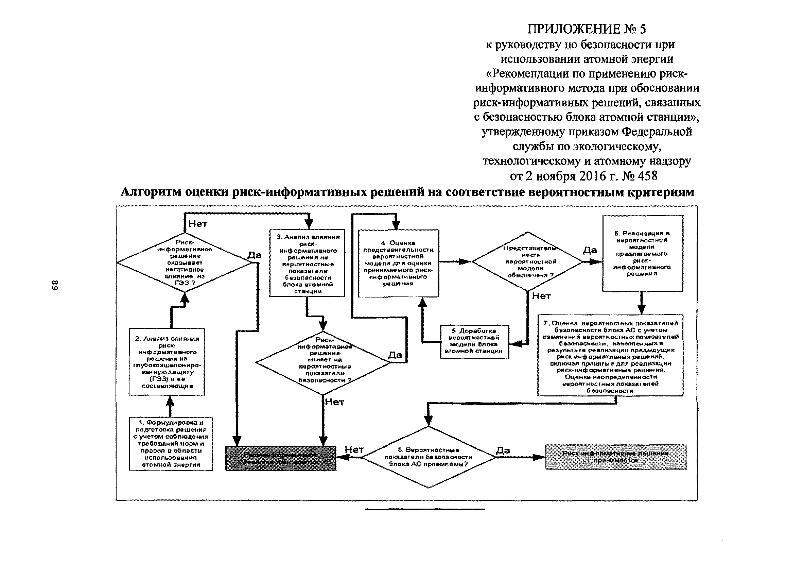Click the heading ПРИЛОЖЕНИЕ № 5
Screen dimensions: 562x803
tap(587, 29)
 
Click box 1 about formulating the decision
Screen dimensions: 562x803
tap(171, 443)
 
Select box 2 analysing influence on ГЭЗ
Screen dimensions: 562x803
tap(167, 362)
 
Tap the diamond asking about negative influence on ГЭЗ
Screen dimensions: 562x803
tap(184, 262)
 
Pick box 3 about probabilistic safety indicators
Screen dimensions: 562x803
tap(307, 263)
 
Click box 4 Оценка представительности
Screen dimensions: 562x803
tap(398, 263)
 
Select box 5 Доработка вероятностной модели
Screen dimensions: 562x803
tap(474, 341)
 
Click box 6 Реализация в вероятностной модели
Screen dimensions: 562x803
tap(643, 253)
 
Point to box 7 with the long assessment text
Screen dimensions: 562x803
tap(610, 355)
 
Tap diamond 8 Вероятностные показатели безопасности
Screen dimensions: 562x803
tap(429, 457)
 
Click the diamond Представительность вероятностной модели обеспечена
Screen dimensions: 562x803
tap(527, 261)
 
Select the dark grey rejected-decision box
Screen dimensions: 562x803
tap(280, 458)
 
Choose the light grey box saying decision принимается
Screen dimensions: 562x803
tap(615, 457)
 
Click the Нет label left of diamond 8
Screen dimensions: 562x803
tap(354, 450)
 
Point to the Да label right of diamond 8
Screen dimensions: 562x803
tap(503, 450)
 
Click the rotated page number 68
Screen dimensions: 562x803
tap(55, 285)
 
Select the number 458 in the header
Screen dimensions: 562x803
tap(648, 176)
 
